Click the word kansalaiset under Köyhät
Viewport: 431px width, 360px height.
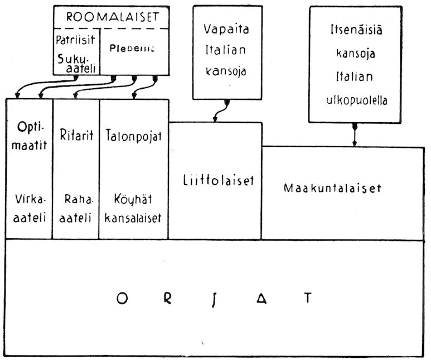(134, 218)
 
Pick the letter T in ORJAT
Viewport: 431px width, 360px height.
(307, 298)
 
